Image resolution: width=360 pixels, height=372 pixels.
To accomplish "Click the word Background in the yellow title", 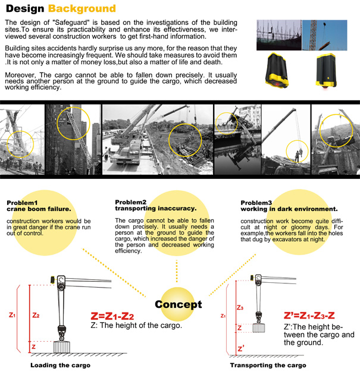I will click(x=82, y=9).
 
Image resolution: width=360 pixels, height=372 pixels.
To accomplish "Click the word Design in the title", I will click(x=24, y=9).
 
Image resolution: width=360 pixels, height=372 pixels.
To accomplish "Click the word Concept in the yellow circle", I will click(x=178, y=304).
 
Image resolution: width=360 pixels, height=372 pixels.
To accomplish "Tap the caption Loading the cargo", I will click(x=60, y=365).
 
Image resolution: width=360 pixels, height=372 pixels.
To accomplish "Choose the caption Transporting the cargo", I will click(x=268, y=365).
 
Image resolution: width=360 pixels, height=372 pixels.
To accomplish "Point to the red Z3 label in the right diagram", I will click(x=240, y=307).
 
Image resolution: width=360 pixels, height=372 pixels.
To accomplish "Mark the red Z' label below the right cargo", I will click(x=240, y=348).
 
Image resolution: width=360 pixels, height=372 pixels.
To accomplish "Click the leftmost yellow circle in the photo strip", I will click(x=19, y=138).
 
